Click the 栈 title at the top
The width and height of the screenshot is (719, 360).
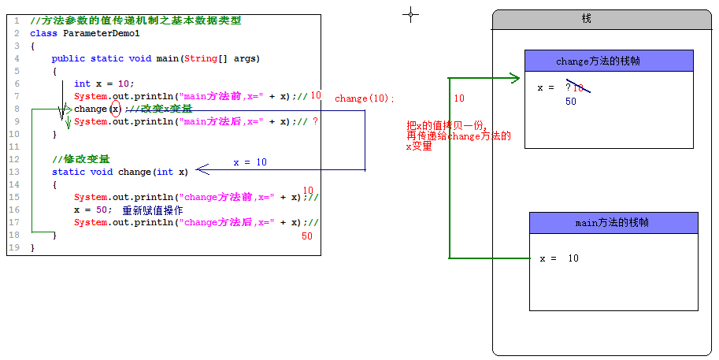[587, 19]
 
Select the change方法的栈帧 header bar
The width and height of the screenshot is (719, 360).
[609, 61]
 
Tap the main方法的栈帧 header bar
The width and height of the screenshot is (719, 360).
[613, 223]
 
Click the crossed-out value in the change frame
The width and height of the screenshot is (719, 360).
[576, 88]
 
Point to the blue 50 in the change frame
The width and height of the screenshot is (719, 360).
[571, 102]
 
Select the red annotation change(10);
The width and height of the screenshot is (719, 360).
[365, 99]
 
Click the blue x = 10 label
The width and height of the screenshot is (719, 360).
[250, 162]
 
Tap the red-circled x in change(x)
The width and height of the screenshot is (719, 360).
[116, 109]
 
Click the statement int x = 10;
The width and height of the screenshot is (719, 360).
[104, 84]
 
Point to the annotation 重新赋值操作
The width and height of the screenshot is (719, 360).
[153, 210]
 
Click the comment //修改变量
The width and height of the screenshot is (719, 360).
[81, 159]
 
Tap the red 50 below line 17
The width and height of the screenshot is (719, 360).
[307, 236]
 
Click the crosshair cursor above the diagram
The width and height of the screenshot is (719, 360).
[410, 13]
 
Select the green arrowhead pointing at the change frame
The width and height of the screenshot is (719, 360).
[514, 78]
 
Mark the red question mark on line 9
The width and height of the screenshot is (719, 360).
[315, 121]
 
